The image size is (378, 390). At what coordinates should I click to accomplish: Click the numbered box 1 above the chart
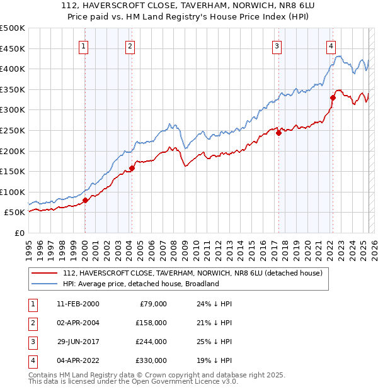84,45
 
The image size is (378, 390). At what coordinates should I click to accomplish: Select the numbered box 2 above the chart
130,45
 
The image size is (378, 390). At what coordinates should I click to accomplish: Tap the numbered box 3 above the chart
277,45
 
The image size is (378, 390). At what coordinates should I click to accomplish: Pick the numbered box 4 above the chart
331,45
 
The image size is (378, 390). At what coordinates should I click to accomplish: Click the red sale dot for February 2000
85,201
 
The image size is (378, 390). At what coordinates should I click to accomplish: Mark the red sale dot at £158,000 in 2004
132,168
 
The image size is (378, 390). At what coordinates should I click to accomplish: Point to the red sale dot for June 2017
278,133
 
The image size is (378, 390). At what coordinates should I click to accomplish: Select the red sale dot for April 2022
333,97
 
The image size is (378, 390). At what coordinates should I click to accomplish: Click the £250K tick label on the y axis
12,130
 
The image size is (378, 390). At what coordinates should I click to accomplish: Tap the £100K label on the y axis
12,192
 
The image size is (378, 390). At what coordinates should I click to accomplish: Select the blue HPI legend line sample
45,284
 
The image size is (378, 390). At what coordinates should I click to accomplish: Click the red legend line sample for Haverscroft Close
45,273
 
